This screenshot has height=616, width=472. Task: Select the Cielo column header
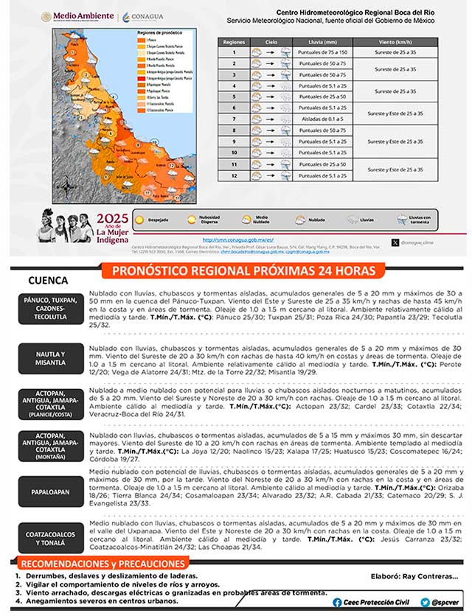(263, 42)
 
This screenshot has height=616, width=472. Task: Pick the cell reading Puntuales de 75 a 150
(322, 53)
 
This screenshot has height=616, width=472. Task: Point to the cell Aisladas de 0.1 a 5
(322, 119)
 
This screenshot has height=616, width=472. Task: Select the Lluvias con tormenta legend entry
(402, 219)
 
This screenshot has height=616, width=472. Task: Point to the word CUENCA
(48, 281)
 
